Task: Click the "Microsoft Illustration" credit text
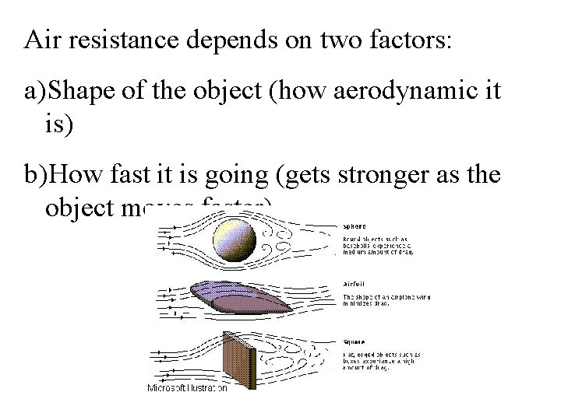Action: (x=188, y=387)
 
